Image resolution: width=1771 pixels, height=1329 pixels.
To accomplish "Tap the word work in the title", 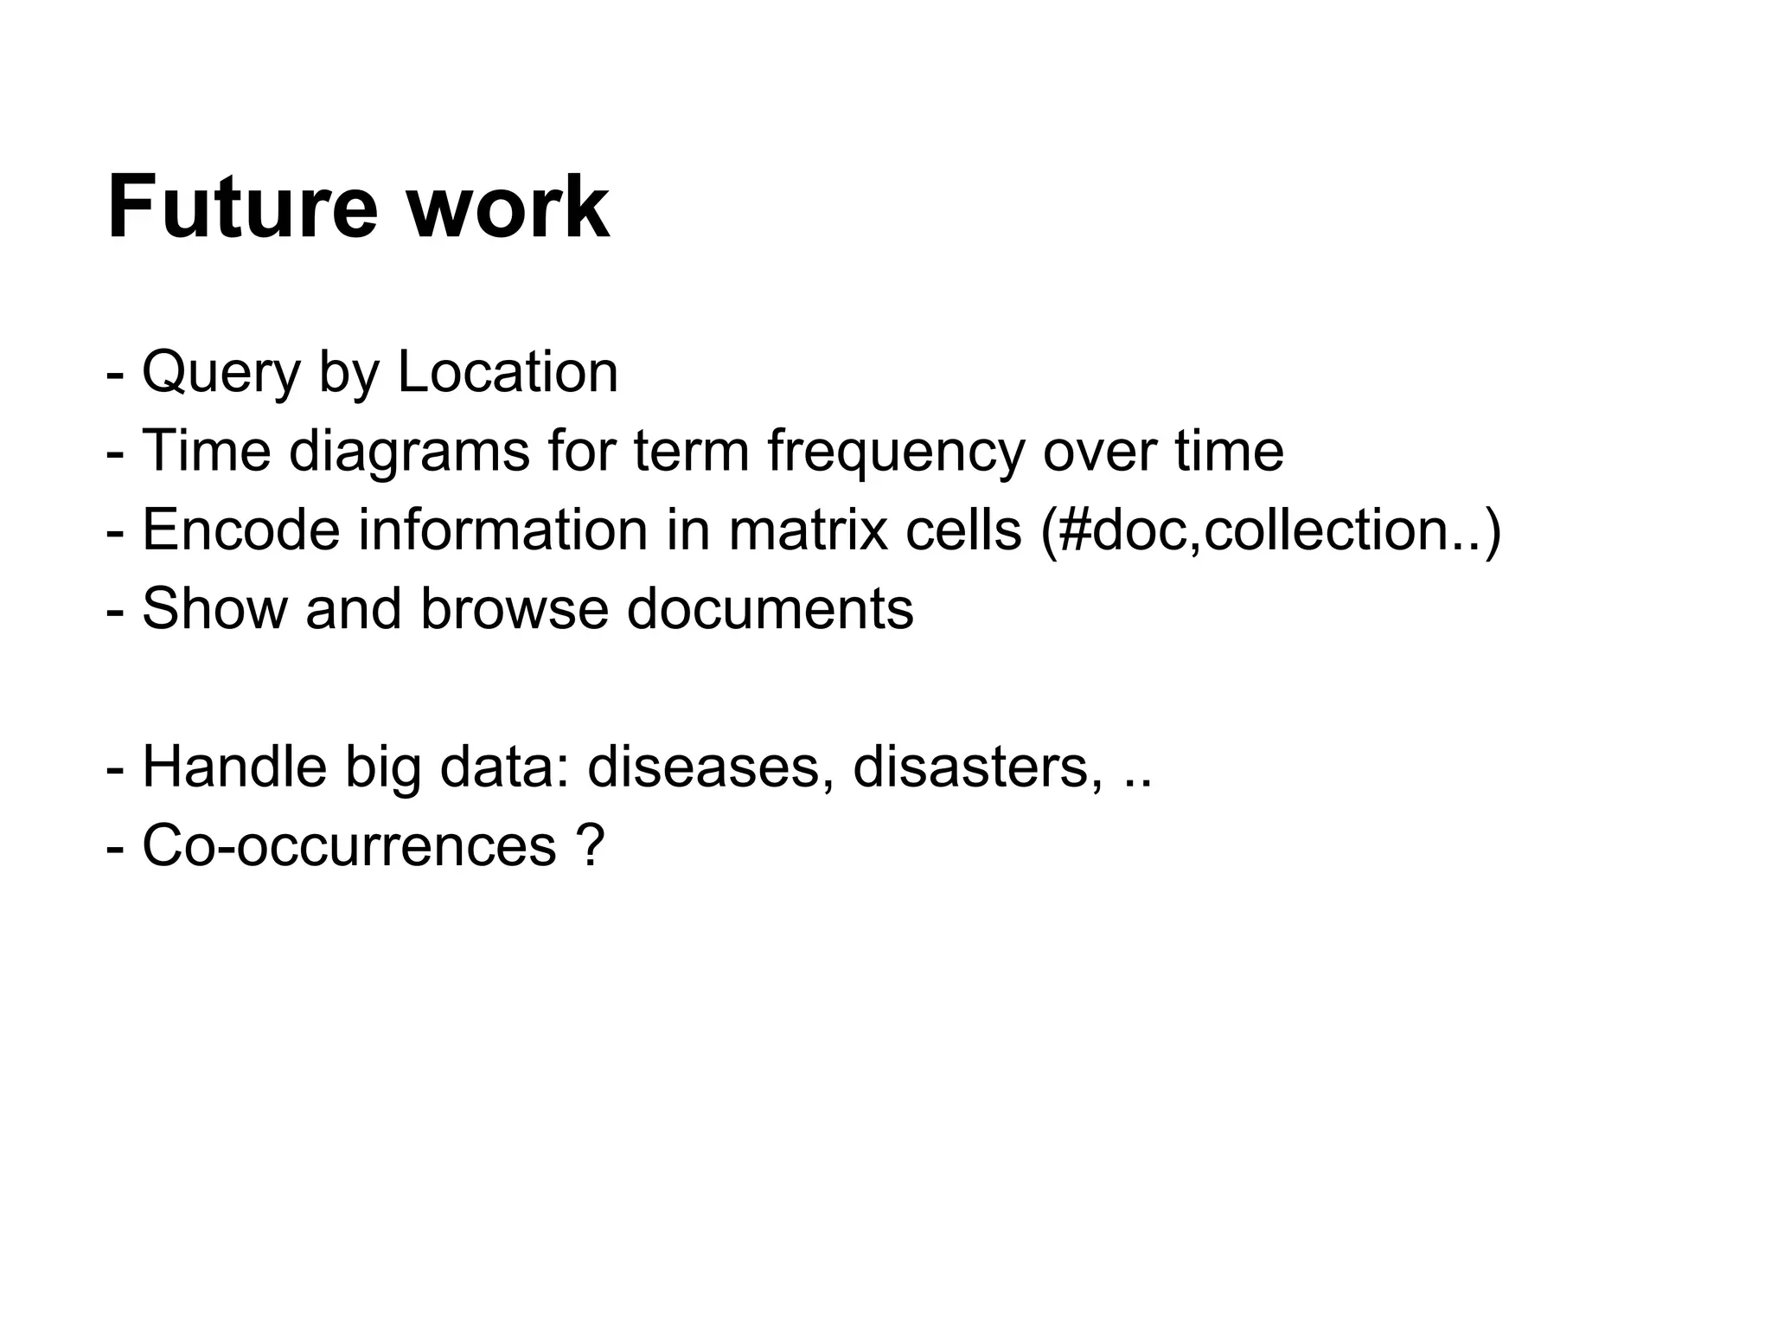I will point(508,208).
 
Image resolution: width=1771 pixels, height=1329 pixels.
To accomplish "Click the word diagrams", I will point(409,453).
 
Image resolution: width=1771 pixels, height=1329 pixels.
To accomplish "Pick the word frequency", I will point(896,453).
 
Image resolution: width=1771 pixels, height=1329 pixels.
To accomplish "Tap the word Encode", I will point(241,530).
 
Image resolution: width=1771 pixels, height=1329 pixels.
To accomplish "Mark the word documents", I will point(770,608).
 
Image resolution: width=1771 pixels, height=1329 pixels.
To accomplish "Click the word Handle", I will point(234,767).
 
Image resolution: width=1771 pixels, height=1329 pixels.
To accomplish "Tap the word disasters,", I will point(978,767).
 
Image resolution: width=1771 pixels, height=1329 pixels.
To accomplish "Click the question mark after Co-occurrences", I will point(588,845).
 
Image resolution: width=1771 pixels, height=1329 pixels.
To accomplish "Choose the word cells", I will point(963,530).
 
